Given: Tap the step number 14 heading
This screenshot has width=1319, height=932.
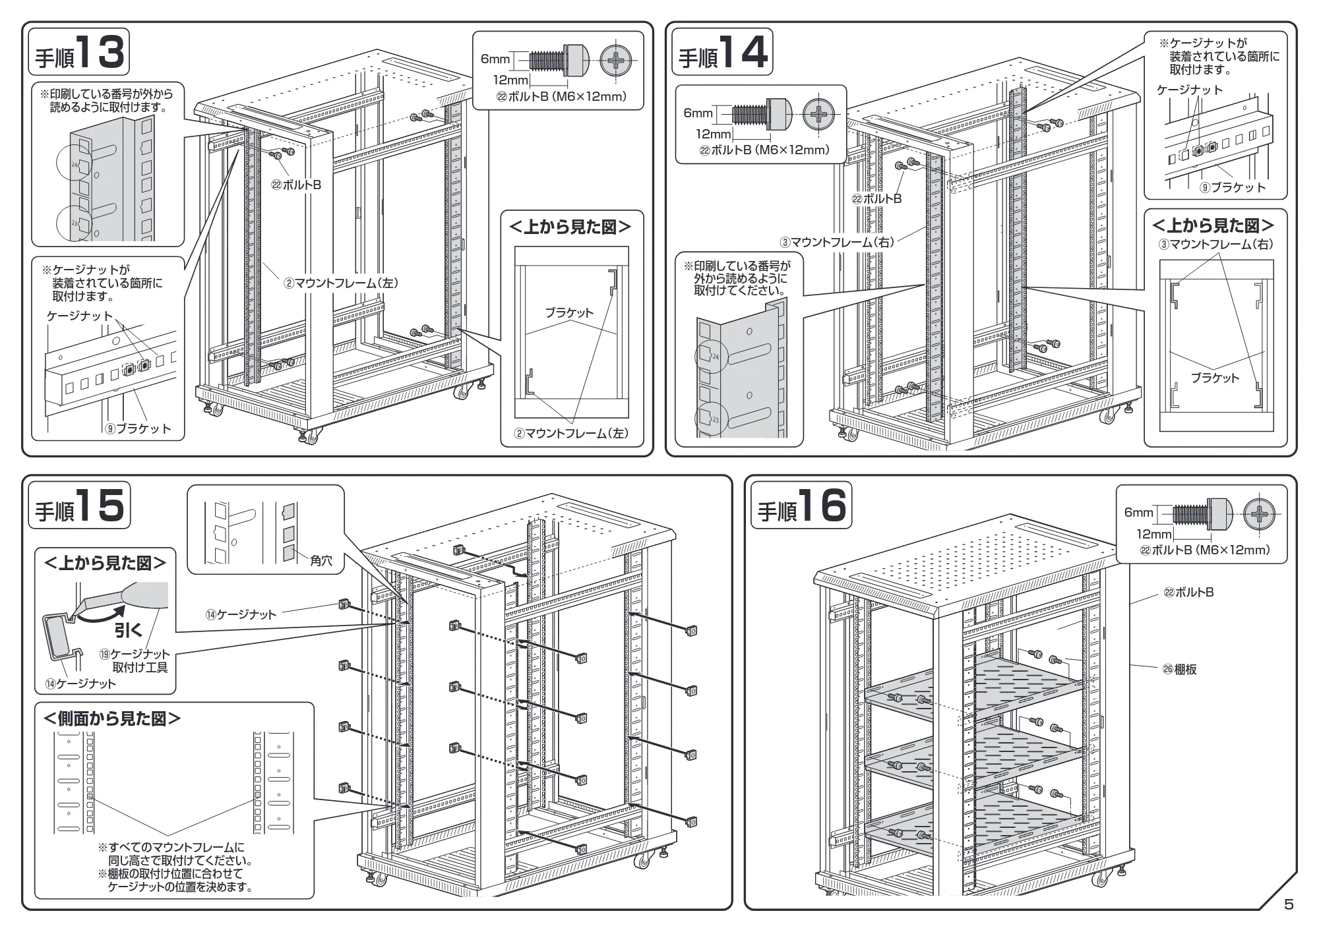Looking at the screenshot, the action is (x=723, y=52).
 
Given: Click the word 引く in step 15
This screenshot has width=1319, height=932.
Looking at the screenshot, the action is (x=129, y=630).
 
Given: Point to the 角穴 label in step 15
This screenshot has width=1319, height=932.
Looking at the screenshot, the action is (x=321, y=562).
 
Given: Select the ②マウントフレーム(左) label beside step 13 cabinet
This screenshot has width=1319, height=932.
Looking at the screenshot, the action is (x=341, y=283).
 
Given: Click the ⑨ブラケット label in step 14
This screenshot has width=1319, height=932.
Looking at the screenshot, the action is (x=1233, y=187).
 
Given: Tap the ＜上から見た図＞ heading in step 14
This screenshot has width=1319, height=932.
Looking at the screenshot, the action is (x=1213, y=226).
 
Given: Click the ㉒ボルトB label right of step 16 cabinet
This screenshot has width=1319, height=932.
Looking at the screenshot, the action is (x=1188, y=593).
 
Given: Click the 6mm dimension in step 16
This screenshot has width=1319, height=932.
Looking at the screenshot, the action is (x=1139, y=513).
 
